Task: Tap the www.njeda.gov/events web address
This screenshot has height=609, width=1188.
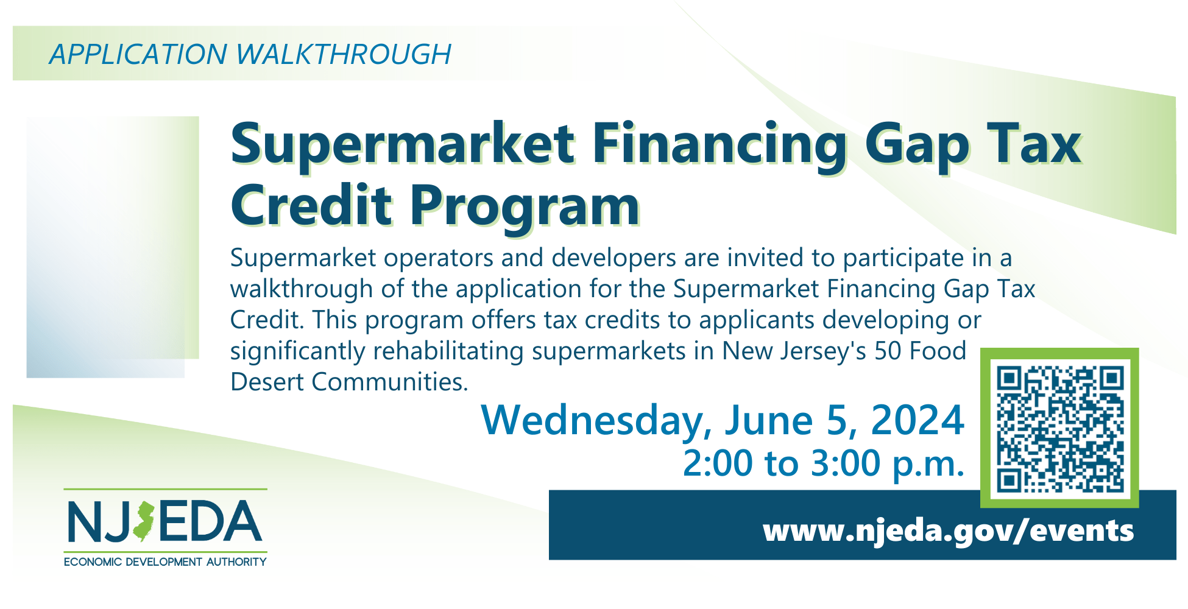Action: pos(948,530)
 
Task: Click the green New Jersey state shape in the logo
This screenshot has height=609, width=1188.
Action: pos(144,521)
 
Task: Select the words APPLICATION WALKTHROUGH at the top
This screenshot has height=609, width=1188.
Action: pos(250,54)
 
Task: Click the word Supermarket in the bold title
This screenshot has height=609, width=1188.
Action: pos(403,145)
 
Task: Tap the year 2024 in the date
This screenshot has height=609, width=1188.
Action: pos(918,420)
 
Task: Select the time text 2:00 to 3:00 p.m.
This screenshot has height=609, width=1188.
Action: pos(824,464)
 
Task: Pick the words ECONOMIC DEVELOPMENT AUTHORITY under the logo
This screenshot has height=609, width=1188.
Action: pos(165,561)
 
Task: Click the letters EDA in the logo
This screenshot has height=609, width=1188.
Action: pos(211,521)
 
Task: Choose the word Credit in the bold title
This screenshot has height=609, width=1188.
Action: pos(311,205)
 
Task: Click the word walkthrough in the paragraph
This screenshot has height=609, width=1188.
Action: pos(302,289)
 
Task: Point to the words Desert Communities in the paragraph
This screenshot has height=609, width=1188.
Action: pos(349,382)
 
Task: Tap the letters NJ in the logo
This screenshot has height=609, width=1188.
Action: pos(99,522)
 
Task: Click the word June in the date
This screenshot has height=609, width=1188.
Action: pos(768,420)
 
